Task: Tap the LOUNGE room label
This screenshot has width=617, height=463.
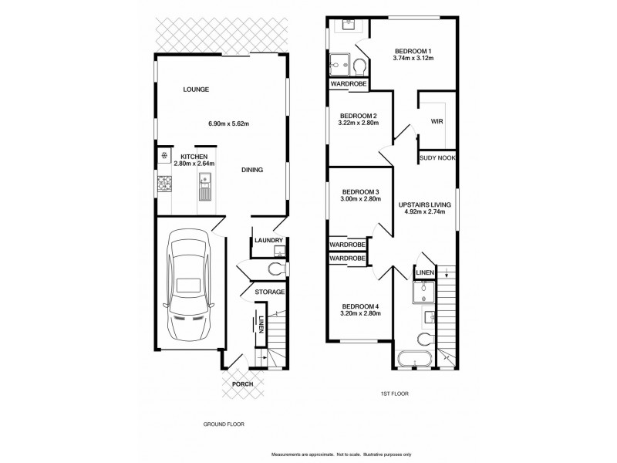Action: click(x=196, y=90)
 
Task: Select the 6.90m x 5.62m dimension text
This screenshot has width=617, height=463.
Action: click(x=228, y=123)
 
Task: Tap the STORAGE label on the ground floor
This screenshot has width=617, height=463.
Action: click(x=271, y=292)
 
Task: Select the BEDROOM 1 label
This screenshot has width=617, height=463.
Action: click(x=413, y=49)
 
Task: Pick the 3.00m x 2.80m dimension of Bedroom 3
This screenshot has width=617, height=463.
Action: click(x=360, y=199)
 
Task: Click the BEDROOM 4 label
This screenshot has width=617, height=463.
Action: click(x=360, y=306)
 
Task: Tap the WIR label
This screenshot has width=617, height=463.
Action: click(x=437, y=121)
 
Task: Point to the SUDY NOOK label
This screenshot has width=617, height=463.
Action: click(x=437, y=157)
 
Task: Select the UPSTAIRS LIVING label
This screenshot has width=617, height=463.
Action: click(x=423, y=205)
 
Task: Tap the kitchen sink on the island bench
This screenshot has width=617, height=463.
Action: click(x=206, y=186)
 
